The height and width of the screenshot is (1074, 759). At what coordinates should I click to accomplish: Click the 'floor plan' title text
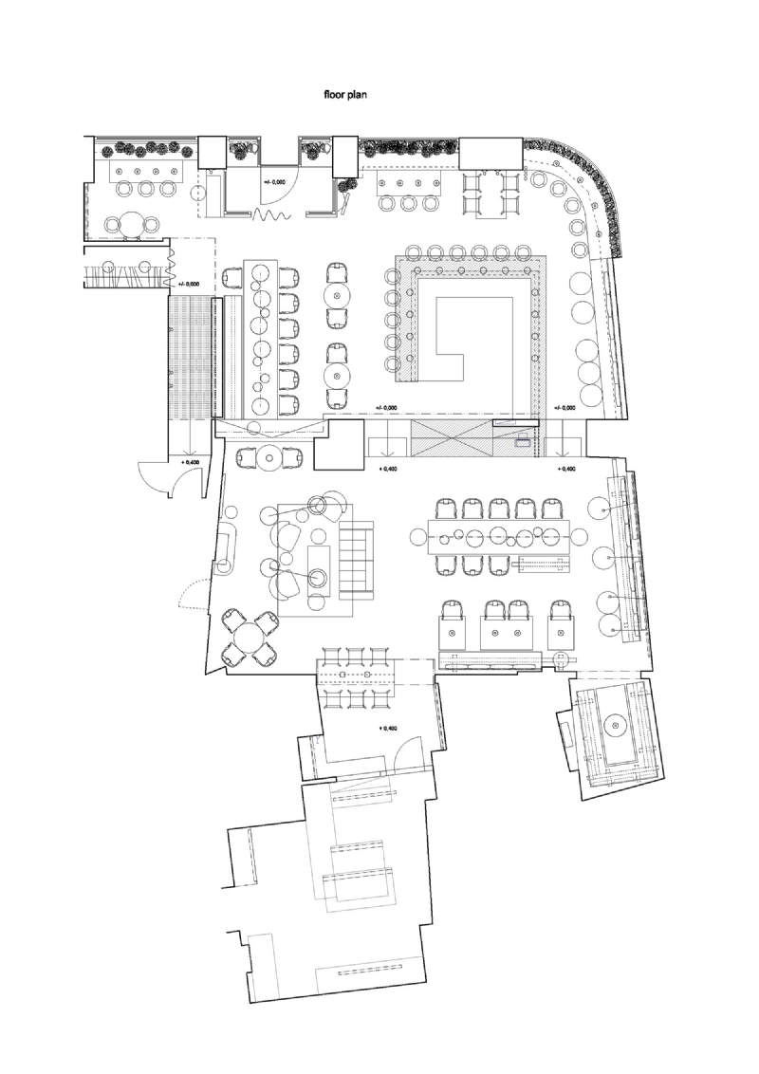353,95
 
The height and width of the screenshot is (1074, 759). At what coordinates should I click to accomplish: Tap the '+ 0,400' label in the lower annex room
387,729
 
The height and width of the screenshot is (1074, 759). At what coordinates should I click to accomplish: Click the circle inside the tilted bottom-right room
615,727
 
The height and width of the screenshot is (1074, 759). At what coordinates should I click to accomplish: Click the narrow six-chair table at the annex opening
356,676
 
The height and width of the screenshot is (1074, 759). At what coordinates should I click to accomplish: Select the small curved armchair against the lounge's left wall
228,553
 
